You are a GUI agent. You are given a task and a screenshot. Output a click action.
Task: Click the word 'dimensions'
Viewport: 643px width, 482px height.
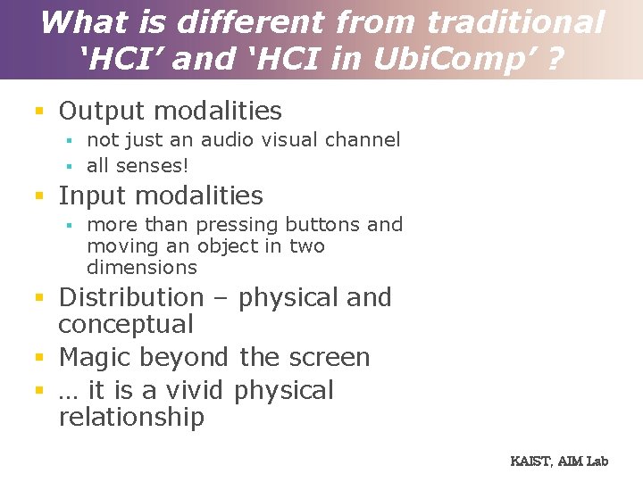(x=142, y=268)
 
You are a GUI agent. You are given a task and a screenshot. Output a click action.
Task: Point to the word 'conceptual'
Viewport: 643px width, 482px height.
(x=126, y=324)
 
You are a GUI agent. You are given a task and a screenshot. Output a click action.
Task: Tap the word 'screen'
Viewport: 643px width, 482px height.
(x=329, y=358)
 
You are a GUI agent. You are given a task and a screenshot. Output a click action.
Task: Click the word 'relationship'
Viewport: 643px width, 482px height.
(x=131, y=417)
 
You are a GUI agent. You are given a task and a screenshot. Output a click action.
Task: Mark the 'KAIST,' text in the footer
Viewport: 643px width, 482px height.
(x=532, y=461)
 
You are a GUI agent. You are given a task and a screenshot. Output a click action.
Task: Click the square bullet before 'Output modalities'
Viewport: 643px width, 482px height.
(x=38, y=112)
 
